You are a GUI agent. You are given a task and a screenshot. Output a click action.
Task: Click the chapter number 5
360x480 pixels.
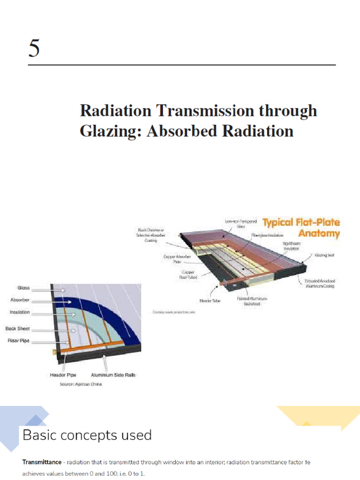(34, 48)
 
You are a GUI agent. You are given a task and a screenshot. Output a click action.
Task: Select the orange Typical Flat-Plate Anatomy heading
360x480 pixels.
(301, 227)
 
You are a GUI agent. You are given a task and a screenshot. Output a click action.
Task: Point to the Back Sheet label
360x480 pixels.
(18, 329)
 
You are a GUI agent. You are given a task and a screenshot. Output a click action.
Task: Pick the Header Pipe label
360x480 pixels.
(63, 375)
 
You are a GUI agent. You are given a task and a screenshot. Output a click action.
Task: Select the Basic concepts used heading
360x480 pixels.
(87, 435)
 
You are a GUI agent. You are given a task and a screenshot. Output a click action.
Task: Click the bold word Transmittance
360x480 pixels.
(42, 462)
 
